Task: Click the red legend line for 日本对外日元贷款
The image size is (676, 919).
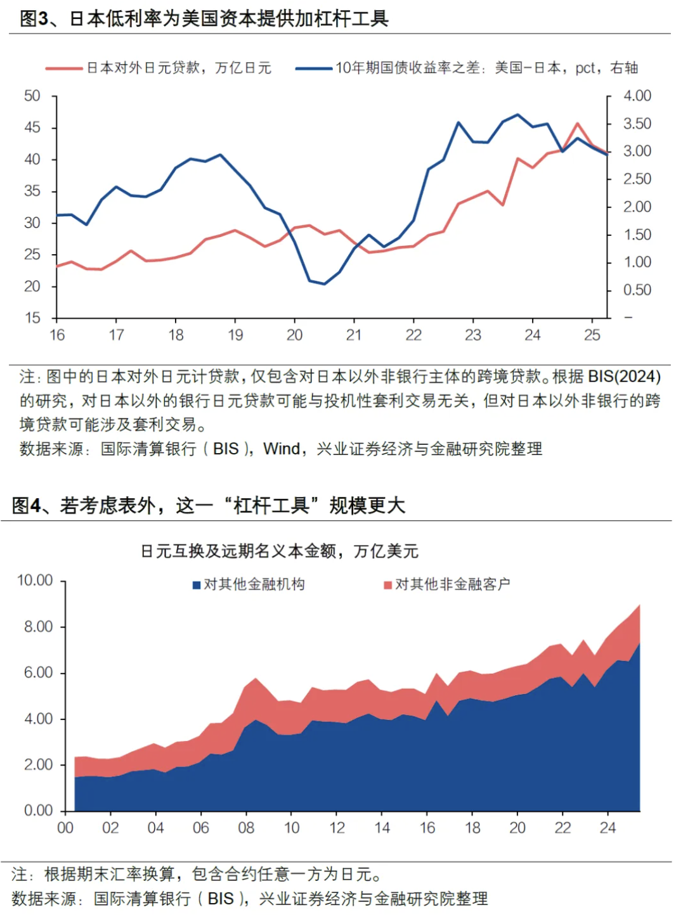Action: coord(63,68)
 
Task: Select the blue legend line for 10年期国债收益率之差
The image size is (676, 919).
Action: coord(313,68)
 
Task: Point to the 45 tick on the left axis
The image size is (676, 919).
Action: coord(32,127)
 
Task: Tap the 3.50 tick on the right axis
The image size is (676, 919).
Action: coord(637,124)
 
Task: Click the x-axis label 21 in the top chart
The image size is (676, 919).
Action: coord(354,335)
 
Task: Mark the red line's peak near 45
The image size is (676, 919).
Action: coord(577,124)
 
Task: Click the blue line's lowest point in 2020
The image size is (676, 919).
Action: coord(324,283)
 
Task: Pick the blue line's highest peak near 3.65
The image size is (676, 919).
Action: coord(518,115)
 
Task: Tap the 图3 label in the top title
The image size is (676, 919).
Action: coord(34,18)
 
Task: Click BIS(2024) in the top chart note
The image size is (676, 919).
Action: coord(624,376)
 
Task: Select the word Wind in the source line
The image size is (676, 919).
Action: coord(282,449)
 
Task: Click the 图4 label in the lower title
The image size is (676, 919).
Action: coord(27,505)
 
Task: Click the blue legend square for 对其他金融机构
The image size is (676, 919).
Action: coord(197,584)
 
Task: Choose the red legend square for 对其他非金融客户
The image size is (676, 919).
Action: coord(387,584)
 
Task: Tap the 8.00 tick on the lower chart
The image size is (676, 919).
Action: coord(38,626)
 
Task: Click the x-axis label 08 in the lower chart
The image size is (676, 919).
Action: coord(246,828)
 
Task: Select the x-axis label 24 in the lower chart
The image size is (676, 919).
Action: coord(608,828)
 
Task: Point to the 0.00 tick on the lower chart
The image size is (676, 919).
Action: coord(38,810)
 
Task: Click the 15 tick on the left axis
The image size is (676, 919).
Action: coord(32,318)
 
